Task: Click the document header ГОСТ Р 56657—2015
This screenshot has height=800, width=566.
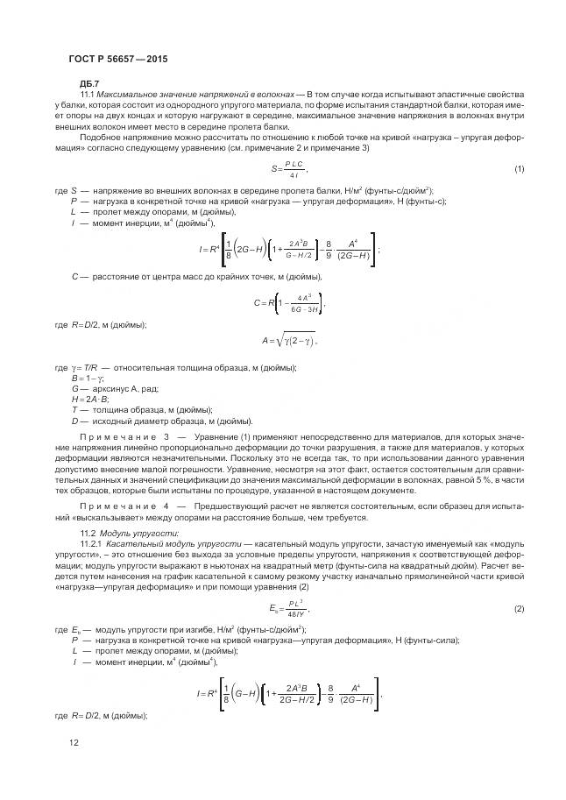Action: [117, 59]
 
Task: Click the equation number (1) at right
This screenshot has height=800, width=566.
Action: [519, 168]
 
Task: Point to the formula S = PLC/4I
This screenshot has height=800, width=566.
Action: [289, 168]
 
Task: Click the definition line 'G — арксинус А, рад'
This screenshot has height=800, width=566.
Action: [116, 387]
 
